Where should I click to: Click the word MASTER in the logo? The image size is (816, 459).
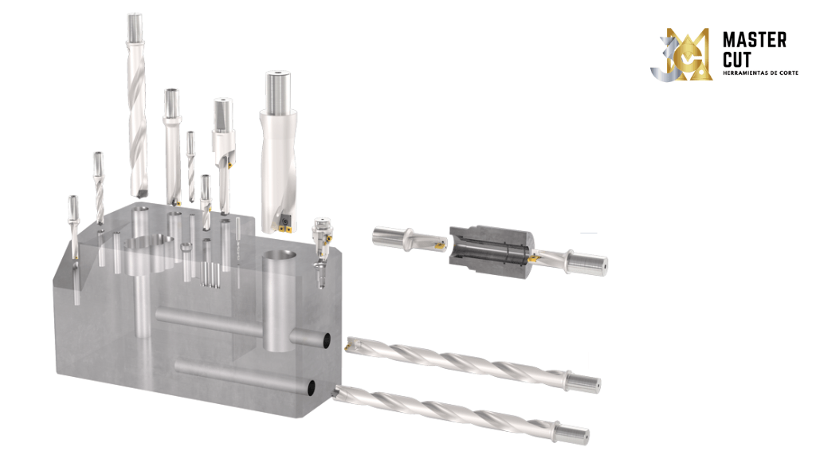tap(754, 40)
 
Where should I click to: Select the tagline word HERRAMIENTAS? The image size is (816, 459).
tap(741, 73)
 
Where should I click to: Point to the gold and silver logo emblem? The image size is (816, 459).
tap(685, 55)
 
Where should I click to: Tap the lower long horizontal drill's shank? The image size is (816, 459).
tap(572, 433)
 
